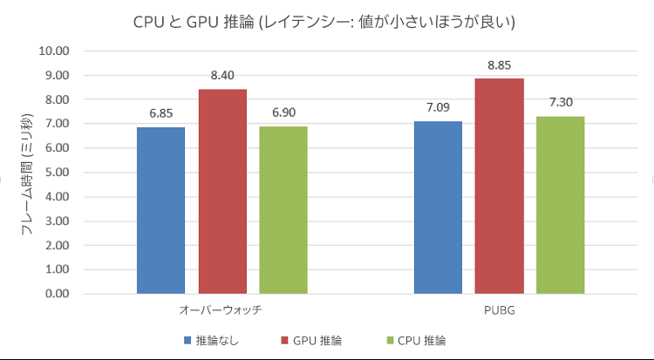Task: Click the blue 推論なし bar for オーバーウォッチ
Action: coord(160,210)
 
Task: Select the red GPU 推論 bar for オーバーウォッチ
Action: coord(221,191)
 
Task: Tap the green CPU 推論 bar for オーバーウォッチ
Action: coord(283,209)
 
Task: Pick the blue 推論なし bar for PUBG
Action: coord(438,207)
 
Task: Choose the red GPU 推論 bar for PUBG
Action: coord(500,186)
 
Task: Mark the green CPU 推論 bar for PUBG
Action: coord(560,204)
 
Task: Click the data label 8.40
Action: coord(221,75)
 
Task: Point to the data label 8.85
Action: coord(500,65)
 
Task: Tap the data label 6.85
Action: coord(160,112)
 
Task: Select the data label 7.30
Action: coord(560,102)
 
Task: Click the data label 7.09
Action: coord(438,107)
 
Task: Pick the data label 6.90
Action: coord(283,112)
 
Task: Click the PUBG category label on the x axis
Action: coord(499,309)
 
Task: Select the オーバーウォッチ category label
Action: coord(221,309)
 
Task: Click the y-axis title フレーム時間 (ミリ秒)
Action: coord(27,173)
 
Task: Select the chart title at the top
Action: coord(325,22)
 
